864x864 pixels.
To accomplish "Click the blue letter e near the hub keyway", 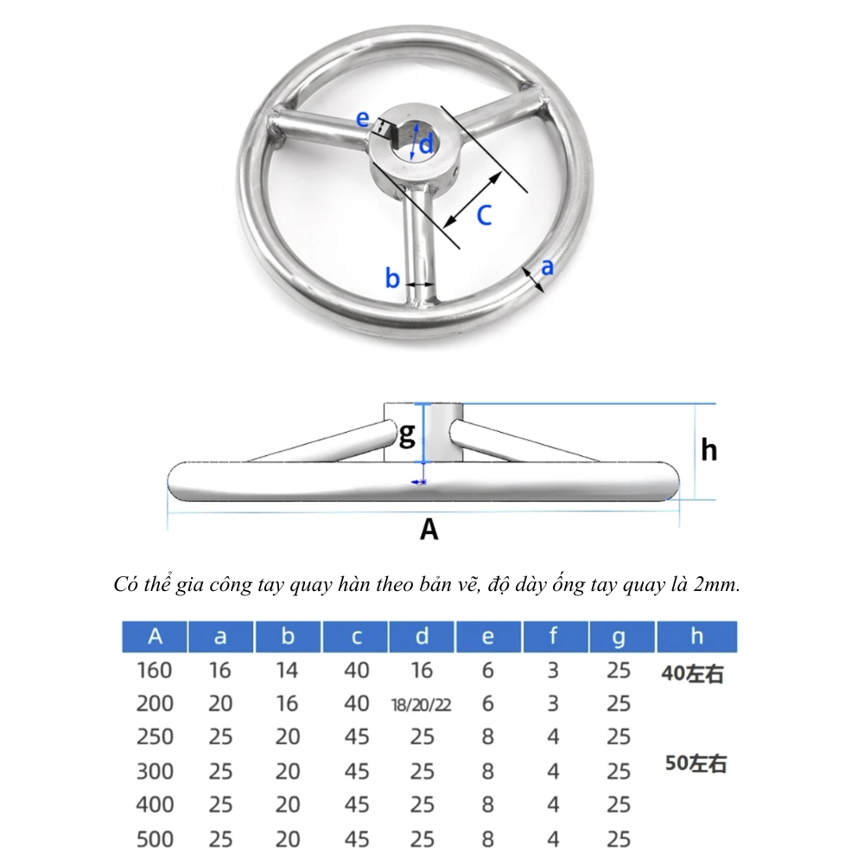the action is pyautogui.click(x=362, y=118).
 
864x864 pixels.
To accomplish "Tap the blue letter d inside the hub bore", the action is pyautogui.click(x=426, y=144).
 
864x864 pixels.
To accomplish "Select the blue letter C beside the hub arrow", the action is pyautogui.click(x=484, y=215).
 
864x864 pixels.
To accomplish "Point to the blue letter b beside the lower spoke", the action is pyautogui.click(x=391, y=277).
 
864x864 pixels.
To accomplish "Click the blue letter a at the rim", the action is pyautogui.click(x=547, y=267).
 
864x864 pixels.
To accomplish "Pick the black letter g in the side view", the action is pyautogui.click(x=407, y=435).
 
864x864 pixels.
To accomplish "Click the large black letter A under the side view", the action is pyautogui.click(x=429, y=529).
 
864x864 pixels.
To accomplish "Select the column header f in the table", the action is pyautogui.click(x=553, y=636).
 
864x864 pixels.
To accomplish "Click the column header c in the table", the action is pyautogui.click(x=356, y=637).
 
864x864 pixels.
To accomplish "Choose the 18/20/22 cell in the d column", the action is pyautogui.click(x=422, y=705).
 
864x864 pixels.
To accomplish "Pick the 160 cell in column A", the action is pyautogui.click(x=155, y=670).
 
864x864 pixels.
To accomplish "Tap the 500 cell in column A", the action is pyautogui.click(x=155, y=839).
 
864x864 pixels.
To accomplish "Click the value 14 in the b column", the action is pyautogui.click(x=287, y=670).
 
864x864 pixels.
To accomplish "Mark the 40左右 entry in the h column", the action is pyautogui.click(x=692, y=673).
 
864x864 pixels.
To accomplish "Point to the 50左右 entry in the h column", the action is pyautogui.click(x=696, y=763).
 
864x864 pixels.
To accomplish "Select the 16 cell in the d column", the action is pyautogui.click(x=422, y=670).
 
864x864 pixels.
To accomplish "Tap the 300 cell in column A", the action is pyautogui.click(x=155, y=772).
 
